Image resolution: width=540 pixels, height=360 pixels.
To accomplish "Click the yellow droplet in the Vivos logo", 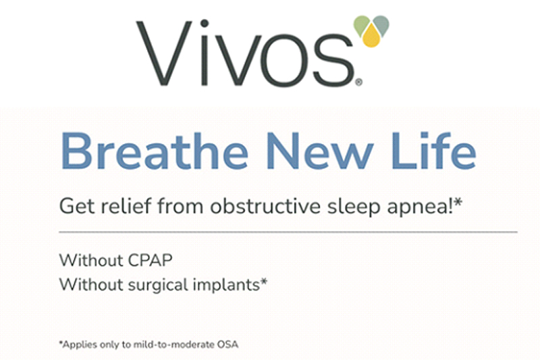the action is pyautogui.click(x=371, y=36).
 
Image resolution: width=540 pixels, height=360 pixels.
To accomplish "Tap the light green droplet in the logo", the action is pyautogui.click(x=360, y=24).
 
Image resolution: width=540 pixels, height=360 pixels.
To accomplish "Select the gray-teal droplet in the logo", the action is pyautogui.click(x=381, y=24).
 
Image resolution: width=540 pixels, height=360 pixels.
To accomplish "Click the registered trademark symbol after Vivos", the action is pyautogui.click(x=358, y=82).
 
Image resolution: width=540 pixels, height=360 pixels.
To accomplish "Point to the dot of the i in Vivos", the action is pyautogui.click(x=205, y=24).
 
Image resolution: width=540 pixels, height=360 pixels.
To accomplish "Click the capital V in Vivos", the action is pyautogui.click(x=164, y=53).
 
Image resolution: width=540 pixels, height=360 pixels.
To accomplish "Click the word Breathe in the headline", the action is pyautogui.click(x=155, y=151).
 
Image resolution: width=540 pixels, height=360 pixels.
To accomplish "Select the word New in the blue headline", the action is pyautogui.click(x=320, y=151).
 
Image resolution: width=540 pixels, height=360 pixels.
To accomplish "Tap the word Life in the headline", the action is pyautogui.click(x=434, y=151).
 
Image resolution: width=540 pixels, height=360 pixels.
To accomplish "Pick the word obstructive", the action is pyautogui.click(x=265, y=206).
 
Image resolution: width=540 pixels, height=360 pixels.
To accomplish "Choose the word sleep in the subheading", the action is pyautogui.click(x=354, y=207).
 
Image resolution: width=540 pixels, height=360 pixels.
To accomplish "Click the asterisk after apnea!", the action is pyautogui.click(x=458, y=202).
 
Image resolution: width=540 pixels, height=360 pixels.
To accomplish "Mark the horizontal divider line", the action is pyautogui.click(x=288, y=232).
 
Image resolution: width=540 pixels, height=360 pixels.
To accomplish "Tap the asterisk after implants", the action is pyautogui.click(x=264, y=282).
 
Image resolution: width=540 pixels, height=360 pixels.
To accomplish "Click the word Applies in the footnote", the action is pyautogui.click(x=80, y=345).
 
